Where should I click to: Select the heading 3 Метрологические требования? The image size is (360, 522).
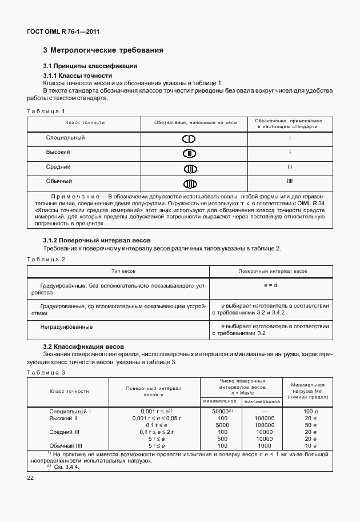[103, 50]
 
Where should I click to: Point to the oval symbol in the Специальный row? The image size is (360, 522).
[189, 139]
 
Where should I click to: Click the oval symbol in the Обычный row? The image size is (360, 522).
[189, 183]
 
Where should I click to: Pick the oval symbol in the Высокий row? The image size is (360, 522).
[189, 153]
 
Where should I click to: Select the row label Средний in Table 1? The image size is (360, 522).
[58, 167]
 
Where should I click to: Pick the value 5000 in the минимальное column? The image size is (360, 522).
[222, 425]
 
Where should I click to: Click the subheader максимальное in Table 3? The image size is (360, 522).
[262, 401]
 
